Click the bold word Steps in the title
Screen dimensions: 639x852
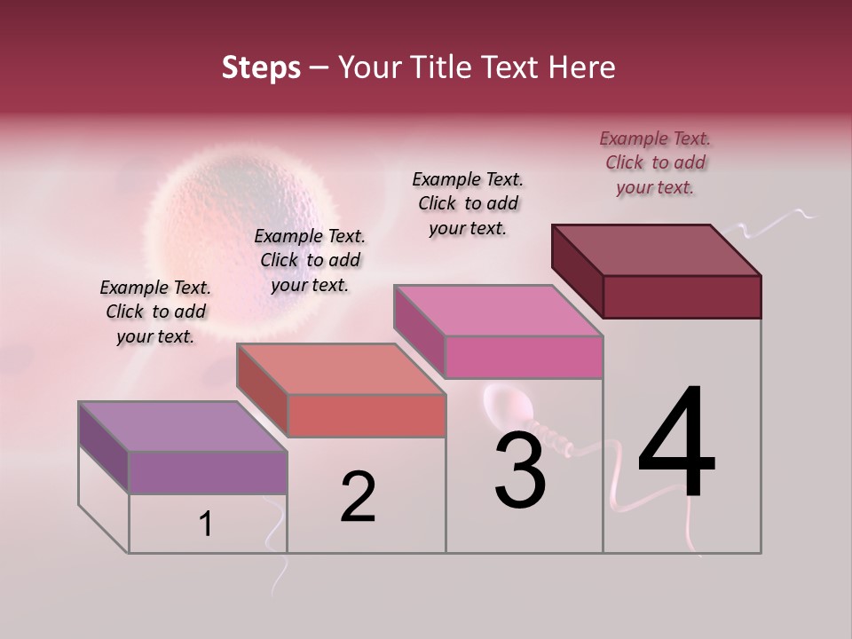point(261,67)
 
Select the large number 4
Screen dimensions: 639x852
point(676,444)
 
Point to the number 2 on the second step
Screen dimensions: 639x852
point(359,498)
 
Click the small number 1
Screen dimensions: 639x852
point(206,525)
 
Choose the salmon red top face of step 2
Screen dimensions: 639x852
point(339,369)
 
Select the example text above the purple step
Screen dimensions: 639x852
point(155,312)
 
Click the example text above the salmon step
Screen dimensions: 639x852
point(310,260)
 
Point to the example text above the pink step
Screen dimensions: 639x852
point(468,203)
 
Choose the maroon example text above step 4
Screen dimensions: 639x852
point(655,162)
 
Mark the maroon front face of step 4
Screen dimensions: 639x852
point(682,296)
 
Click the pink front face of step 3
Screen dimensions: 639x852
point(524,357)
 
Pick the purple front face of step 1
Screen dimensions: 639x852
point(208,472)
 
